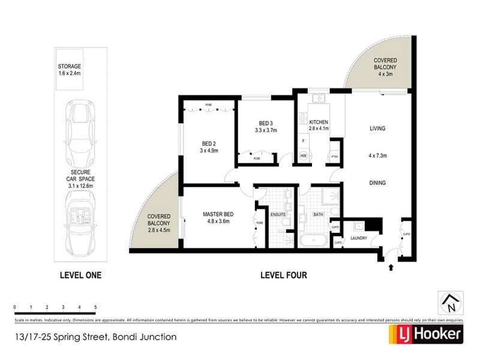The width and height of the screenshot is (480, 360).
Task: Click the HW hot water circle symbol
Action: (304, 156)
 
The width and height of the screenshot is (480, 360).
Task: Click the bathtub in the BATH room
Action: (312, 242)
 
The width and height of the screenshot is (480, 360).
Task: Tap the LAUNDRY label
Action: (359, 238)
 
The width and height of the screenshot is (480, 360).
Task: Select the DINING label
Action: (377, 183)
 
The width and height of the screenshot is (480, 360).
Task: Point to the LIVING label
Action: (377, 128)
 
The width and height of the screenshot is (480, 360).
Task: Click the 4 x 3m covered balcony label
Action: (384, 67)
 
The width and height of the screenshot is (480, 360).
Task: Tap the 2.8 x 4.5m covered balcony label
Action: (159, 224)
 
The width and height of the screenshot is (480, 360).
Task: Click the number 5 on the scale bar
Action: (95, 307)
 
